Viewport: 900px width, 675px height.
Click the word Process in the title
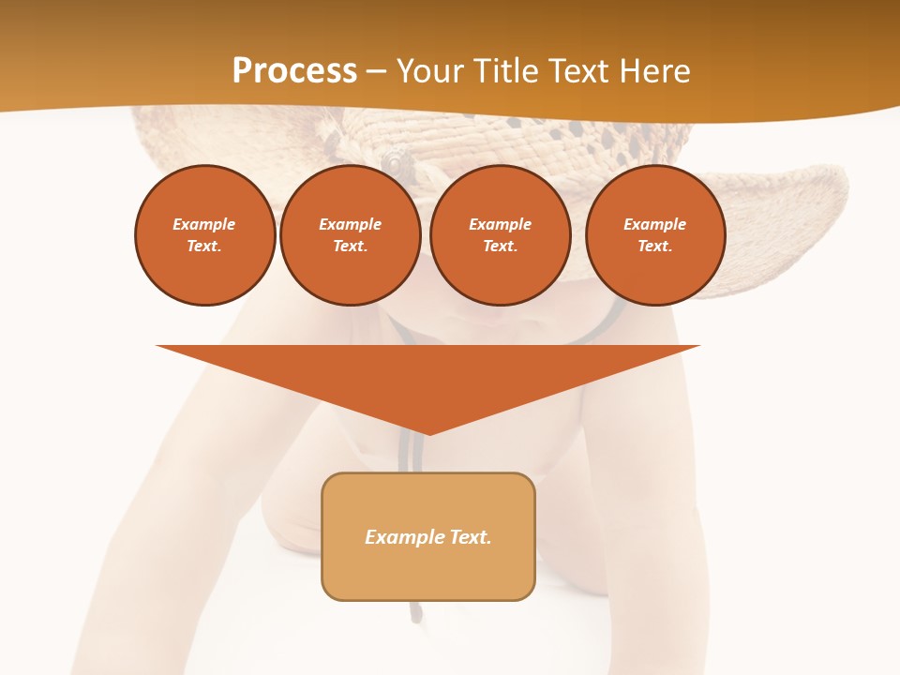pos(294,70)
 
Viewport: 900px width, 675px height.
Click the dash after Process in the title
pos(376,71)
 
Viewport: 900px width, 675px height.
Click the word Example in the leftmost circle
pos(204,224)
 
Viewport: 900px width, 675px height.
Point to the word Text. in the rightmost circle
pos(655,246)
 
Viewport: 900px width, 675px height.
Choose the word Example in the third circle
pos(500,224)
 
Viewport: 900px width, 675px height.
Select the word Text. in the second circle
pos(351,246)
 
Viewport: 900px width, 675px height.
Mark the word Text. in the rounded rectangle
pos(471,537)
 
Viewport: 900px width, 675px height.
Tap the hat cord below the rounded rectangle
pos(415,612)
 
